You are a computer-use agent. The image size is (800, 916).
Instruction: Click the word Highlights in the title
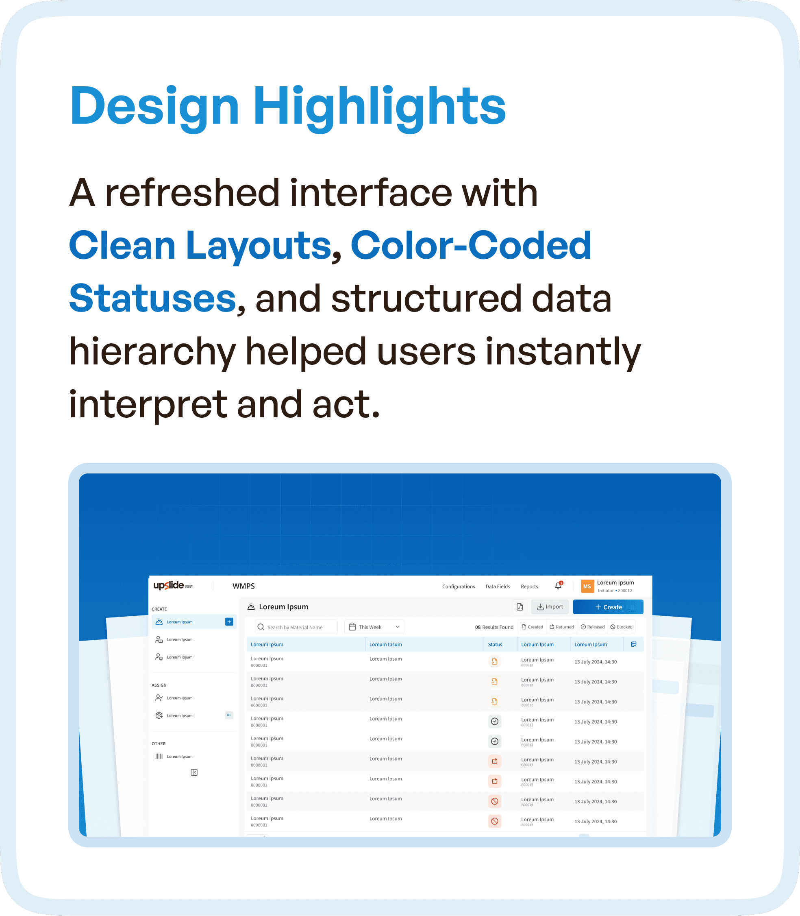379,106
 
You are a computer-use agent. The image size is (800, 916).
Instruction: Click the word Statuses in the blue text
152,298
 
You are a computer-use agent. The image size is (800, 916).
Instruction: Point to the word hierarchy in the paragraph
152,351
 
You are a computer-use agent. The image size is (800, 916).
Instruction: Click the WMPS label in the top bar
243,586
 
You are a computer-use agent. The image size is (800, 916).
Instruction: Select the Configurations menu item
459,587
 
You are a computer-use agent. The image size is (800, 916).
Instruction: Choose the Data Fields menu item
497,587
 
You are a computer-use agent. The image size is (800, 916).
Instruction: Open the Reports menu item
529,587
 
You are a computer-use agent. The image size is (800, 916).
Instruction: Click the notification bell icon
558,586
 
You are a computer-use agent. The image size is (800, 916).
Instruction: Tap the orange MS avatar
587,587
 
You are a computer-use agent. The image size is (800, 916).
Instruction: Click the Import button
550,607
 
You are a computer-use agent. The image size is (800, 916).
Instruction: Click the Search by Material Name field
296,627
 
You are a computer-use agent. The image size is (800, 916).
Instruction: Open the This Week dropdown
374,627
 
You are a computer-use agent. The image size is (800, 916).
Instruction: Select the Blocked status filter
622,627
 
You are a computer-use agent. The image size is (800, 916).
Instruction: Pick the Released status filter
592,627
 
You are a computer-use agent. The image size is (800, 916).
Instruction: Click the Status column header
495,644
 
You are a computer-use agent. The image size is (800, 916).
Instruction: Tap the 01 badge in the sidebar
229,715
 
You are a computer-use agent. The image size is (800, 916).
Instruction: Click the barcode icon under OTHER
159,756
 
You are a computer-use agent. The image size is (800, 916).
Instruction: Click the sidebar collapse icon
194,772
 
